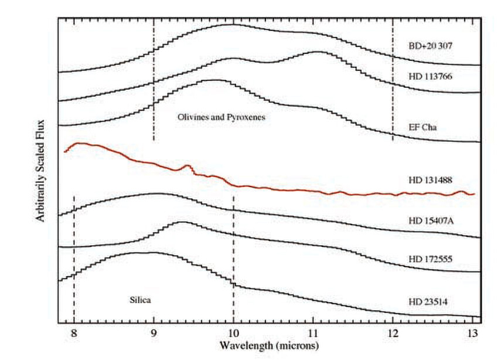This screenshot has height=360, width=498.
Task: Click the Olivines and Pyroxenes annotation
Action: coord(221,117)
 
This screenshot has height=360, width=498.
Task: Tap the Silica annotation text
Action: coord(140,300)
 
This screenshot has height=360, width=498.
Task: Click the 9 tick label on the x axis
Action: coord(154,332)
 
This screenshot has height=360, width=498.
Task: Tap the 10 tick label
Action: coord(233,332)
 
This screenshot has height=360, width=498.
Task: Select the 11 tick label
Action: coord(313,332)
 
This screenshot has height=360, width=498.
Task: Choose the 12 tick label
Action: coord(393,332)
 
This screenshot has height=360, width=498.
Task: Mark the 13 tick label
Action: coord(472,332)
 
